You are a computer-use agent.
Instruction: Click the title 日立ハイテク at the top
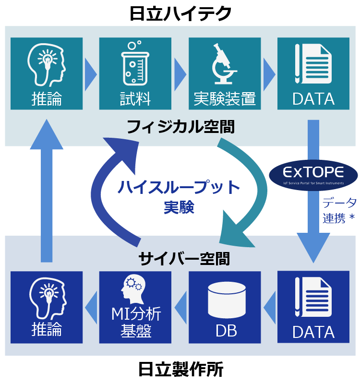coord(180,13)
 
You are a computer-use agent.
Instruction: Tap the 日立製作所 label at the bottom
coord(180,370)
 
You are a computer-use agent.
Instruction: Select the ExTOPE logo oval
coord(312,174)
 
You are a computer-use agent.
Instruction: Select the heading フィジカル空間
coord(180,127)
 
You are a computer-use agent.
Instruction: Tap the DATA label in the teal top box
coord(313,99)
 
